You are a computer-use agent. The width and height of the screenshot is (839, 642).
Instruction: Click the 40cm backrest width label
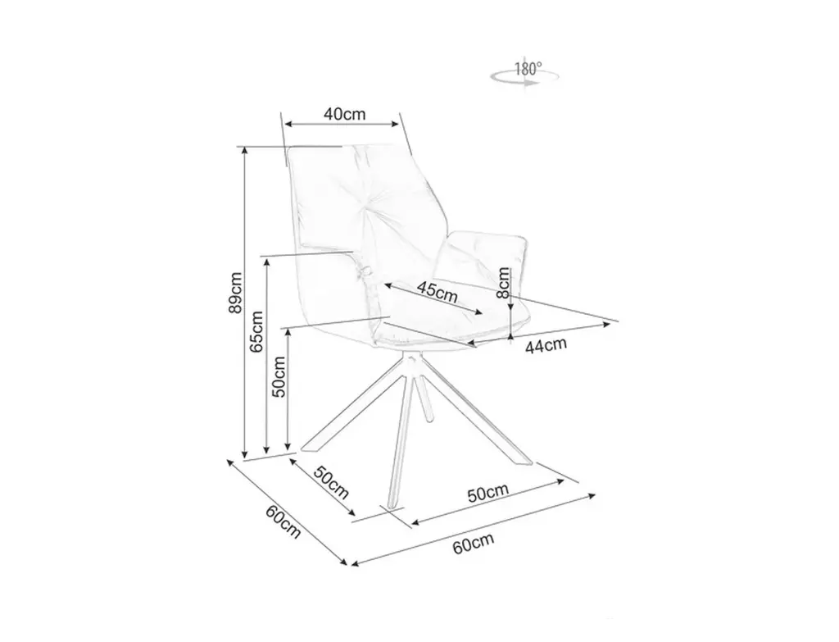pyautogui.click(x=344, y=114)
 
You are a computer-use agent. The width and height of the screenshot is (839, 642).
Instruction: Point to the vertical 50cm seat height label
pyautogui.click(x=279, y=376)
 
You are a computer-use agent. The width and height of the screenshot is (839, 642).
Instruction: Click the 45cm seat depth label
pyautogui.click(x=436, y=291)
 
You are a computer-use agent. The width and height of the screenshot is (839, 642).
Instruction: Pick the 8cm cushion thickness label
pyautogui.click(x=503, y=283)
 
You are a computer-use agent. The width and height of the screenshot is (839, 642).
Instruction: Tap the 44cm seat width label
pyautogui.click(x=546, y=346)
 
